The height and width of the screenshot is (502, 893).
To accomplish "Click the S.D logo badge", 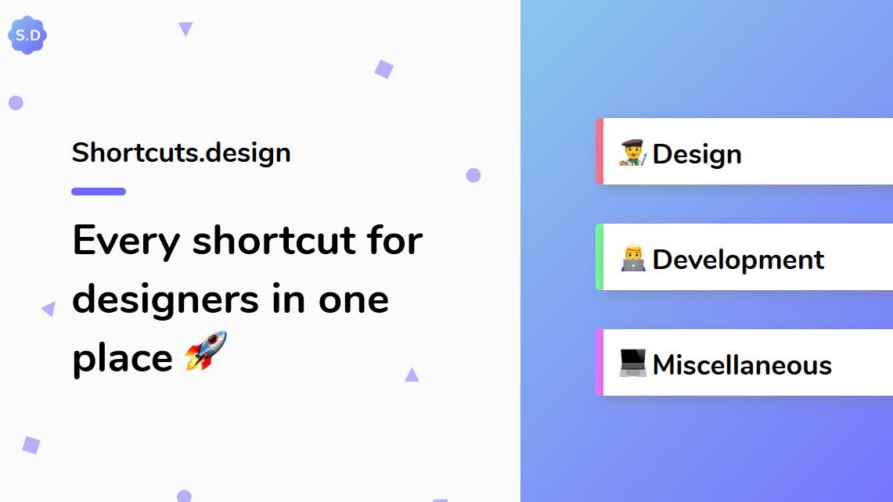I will tap(27, 35).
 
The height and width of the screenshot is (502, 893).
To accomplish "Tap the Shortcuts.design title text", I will tap(181, 152).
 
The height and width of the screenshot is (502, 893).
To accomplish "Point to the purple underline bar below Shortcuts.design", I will tap(99, 192).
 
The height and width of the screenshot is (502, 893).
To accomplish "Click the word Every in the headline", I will tap(126, 241).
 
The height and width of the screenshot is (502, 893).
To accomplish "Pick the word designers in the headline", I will tap(167, 299).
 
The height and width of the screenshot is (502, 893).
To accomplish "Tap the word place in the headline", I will tap(122, 359).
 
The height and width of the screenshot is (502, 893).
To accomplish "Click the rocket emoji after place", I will tap(206, 350).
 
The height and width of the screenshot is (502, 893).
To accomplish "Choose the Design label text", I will tap(697, 154).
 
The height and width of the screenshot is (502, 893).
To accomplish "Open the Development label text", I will tap(738, 260).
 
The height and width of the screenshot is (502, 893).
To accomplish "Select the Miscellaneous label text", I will tap(742, 365).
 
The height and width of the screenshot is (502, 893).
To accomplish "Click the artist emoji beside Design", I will tap(632, 152).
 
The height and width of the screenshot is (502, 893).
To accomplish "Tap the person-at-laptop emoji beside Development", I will tap(632, 258).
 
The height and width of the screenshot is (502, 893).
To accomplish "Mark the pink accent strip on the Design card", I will tap(600, 152).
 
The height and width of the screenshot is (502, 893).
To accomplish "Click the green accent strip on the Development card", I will tap(600, 257).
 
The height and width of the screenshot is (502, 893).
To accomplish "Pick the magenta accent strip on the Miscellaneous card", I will tap(600, 363).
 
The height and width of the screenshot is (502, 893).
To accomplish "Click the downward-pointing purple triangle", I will tap(185, 28).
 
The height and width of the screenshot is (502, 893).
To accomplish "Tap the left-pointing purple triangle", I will tap(49, 309).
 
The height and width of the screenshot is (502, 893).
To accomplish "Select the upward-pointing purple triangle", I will tap(412, 375).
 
